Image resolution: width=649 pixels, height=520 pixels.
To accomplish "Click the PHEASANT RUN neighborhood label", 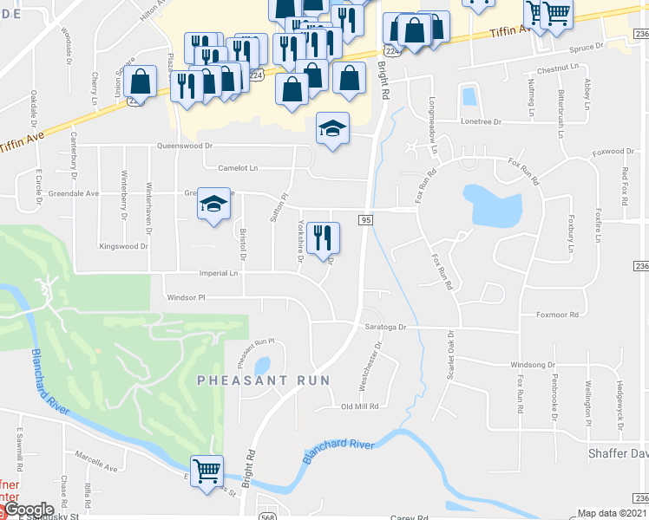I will [264, 380].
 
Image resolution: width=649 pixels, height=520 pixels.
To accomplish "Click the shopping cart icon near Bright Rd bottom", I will [206, 472].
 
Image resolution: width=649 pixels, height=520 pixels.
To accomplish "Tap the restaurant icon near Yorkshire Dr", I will [323, 237].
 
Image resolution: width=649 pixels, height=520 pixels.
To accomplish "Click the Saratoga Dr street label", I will [385, 328].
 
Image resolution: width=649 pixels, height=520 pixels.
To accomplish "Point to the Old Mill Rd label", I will [361, 406].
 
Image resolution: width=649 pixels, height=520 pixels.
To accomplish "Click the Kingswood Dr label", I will [124, 246].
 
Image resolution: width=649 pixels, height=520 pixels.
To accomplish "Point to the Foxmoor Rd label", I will [556, 315].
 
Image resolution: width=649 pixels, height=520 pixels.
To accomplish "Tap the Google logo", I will [28, 510].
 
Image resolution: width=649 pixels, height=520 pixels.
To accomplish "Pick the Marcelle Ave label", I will [95, 468].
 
